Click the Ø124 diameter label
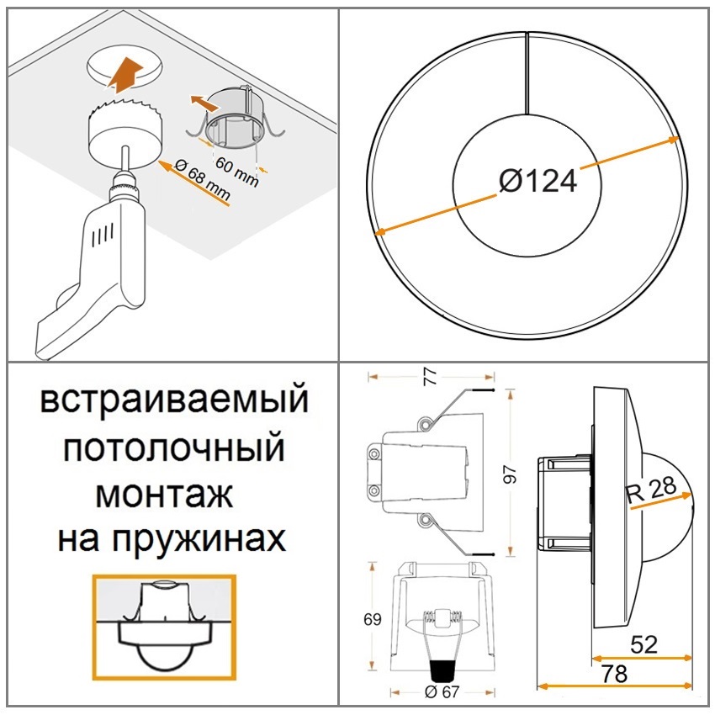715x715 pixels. click(x=538, y=181)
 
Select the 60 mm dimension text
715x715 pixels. click(x=237, y=172)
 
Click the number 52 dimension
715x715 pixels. click(x=643, y=644)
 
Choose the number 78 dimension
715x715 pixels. click(x=614, y=674)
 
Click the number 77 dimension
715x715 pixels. click(x=431, y=377)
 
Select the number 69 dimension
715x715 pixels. click(x=373, y=619)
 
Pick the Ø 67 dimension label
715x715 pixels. click(x=442, y=692)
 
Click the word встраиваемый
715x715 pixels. click(x=174, y=400)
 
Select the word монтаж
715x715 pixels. click(x=164, y=495)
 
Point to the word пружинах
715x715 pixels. click(x=199, y=540)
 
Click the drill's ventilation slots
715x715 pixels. click(x=103, y=235)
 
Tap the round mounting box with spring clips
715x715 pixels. click(x=235, y=118)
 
